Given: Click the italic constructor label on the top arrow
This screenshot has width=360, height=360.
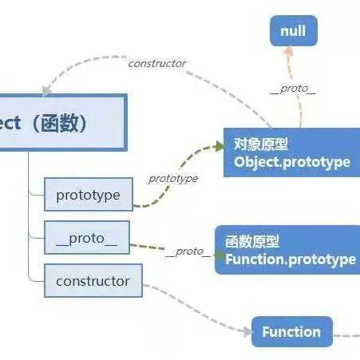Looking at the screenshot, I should point(156,63).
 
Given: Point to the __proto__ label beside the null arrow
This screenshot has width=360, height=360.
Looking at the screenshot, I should point(292,89).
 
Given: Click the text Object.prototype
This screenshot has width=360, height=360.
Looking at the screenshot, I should point(292,161).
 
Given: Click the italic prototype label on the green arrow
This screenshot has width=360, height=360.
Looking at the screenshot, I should point(173,178).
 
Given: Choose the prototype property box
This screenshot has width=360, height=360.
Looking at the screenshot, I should point(88,196).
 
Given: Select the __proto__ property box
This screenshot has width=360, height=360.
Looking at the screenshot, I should point(87,238).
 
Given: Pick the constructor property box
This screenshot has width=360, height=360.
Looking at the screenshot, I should point(93,281).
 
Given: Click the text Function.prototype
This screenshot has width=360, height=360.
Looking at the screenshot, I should point(291,259).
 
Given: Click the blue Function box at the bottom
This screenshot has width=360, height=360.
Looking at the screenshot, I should point(291,331).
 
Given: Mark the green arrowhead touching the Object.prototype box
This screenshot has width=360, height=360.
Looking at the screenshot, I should point(219,147).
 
